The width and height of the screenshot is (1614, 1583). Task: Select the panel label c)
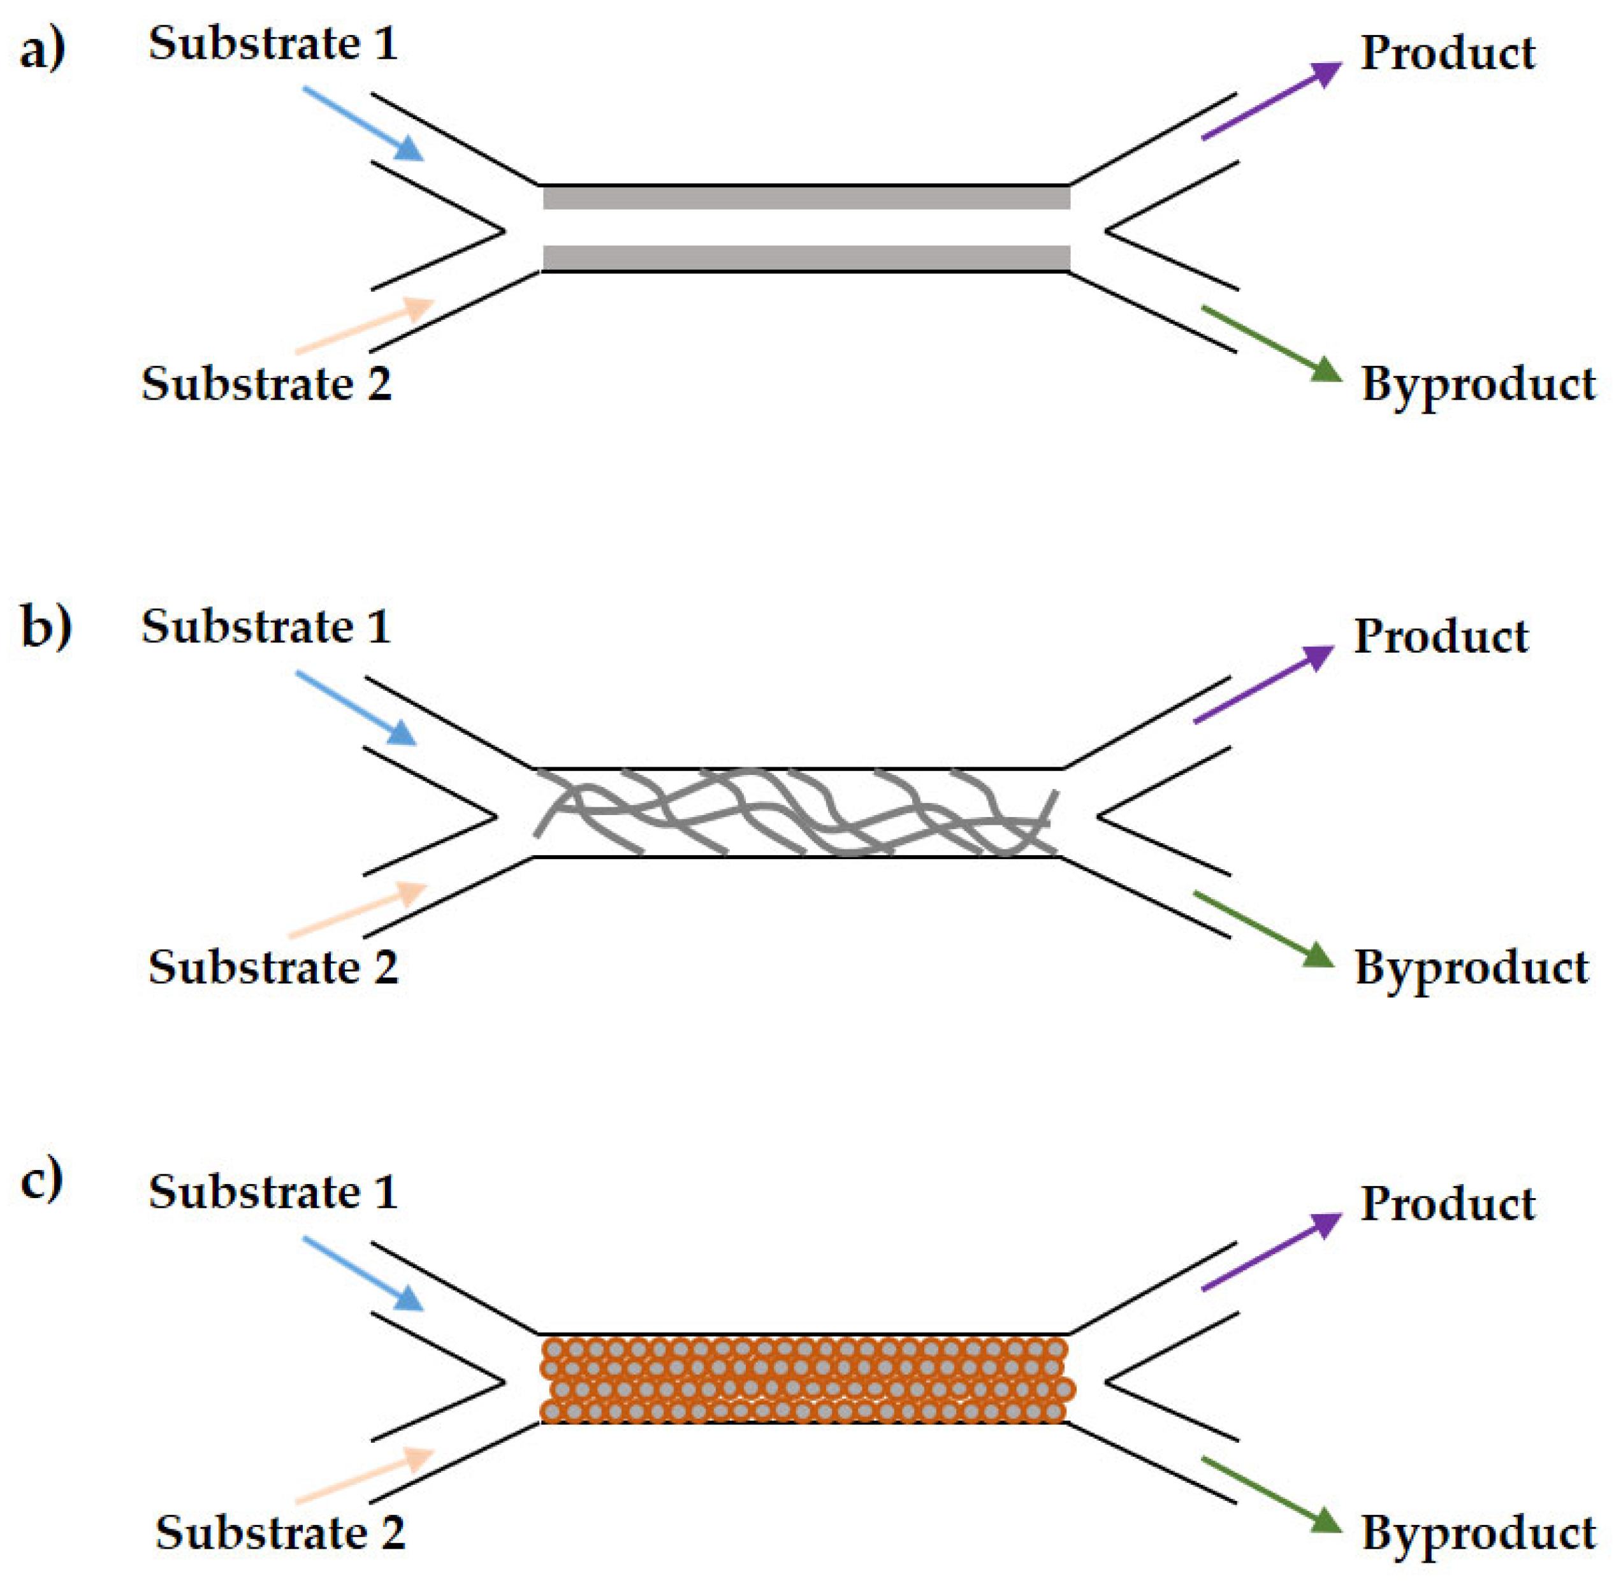tap(41, 1179)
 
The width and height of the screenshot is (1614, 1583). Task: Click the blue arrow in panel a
tap(363, 122)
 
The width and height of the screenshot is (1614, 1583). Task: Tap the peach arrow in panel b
tap(358, 909)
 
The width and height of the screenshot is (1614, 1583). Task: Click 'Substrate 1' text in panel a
tap(273, 44)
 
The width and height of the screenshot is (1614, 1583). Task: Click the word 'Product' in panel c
tap(1447, 1204)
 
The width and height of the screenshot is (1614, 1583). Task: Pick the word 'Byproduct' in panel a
tap(1478, 386)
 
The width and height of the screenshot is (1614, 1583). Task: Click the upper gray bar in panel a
tap(805, 198)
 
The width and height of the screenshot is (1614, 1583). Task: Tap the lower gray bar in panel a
tap(805, 257)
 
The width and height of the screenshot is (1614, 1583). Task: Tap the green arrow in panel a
tap(1270, 344)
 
